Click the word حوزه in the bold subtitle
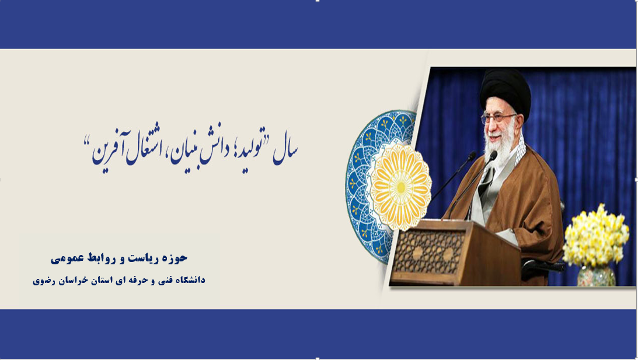[175, 258]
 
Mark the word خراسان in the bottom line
[67, 281]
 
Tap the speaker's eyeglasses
[499, 118]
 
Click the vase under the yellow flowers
[596, 275]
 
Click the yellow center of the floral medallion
[401, 187]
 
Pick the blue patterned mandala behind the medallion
[366, 187]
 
